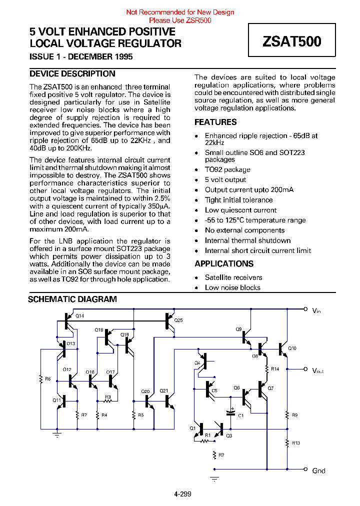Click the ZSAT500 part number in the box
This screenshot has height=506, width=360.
click(x=292, y=41)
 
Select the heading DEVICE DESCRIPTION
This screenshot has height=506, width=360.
click(x=72, y=73)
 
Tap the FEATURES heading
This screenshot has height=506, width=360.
click(x=215, y=122)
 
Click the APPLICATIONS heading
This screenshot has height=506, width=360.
click(x=224, y=263)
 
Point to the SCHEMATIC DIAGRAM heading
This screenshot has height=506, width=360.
click(x=72, y=299)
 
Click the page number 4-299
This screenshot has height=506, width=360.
click(x=182, y=494)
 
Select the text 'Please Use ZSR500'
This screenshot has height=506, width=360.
click(x=180, y=20)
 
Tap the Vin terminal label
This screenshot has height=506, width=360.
click(x=316, y=311)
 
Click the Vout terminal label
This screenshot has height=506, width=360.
click(x=318, y=370)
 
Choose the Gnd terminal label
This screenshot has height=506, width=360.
click(x=318, y=470)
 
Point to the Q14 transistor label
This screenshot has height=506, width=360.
click(x=80, y=316)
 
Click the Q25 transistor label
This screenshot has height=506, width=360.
click(x=178, y=320)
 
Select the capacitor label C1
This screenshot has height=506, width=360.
click(x=240, y=415)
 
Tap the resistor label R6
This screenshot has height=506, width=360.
click(x=48, y=379)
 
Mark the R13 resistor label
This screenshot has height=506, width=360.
click(x=296, y=443)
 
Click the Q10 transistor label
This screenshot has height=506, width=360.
click(x=292, y=348)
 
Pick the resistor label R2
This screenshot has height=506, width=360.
click(x=221, y=455)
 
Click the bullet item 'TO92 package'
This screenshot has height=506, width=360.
click(x=227, y=169)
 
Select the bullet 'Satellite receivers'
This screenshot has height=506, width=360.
click(x=233, y=277)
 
